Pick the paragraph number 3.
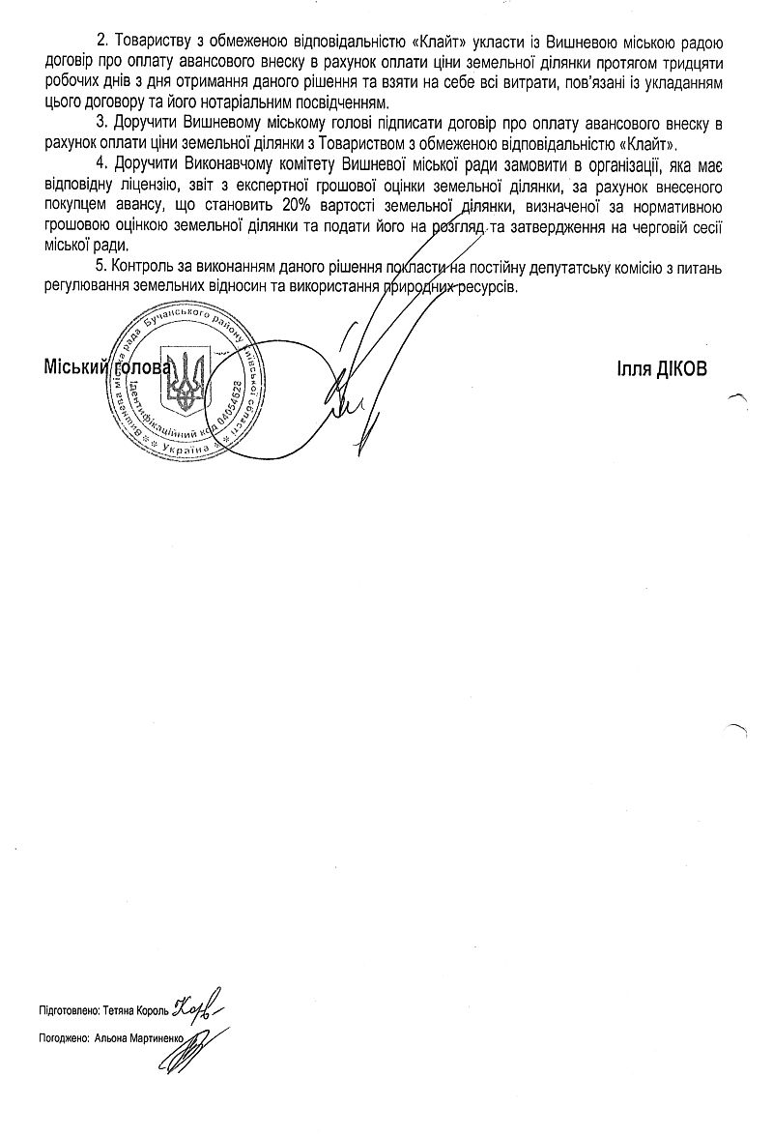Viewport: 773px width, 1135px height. coord(100,124)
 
